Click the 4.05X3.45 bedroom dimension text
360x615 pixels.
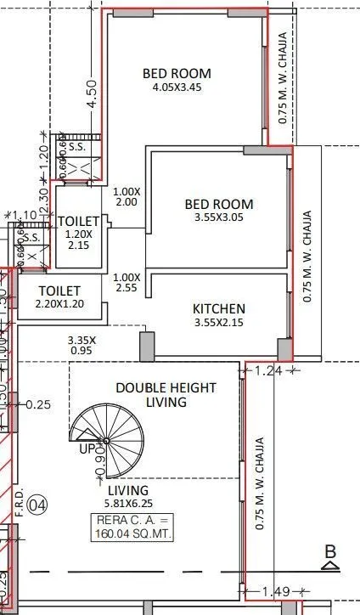[x=176, y=87]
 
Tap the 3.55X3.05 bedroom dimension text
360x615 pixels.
[x=218, y=217]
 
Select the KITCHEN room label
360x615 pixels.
[x=218, y=308]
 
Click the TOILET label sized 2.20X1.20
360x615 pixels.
[x=59, y=290]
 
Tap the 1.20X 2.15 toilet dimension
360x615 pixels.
[x=78, y=239]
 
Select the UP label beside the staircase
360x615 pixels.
[x=86, y=448]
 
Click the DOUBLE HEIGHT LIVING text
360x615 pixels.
[x=166, y=394]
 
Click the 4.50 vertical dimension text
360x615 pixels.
[x=92, y=93]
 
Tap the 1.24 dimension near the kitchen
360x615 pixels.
[x=267, y=370]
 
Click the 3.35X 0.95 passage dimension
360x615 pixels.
[x=82, y=344]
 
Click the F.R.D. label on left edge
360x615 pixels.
[x=19, y=501]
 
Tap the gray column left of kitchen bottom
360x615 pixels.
[x=147, y=347]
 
